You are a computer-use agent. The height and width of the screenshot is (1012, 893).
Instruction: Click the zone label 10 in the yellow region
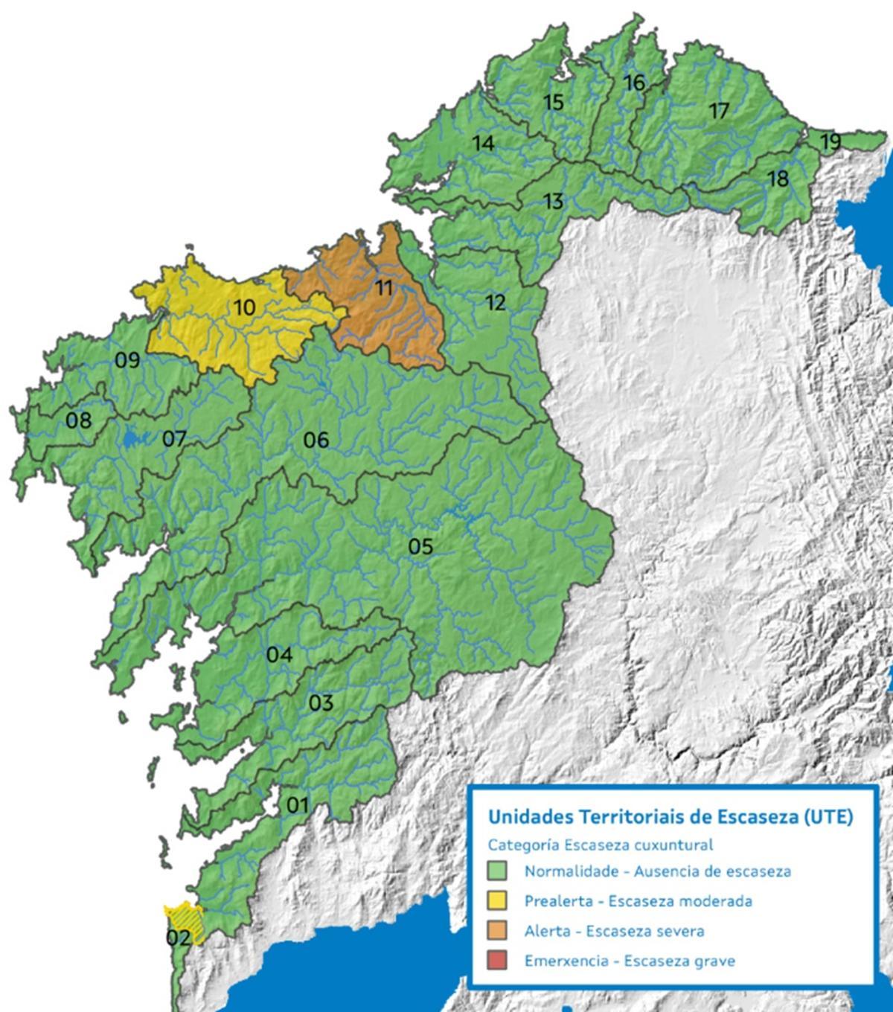tap(244, 307)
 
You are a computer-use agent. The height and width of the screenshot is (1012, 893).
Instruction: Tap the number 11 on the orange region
tap(383, 287)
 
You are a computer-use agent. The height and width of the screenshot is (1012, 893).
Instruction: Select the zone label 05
tap(420, 547)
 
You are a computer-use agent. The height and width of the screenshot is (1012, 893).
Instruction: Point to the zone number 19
tap(830, 141)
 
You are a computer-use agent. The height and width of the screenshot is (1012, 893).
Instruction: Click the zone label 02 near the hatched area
tap(178, 937)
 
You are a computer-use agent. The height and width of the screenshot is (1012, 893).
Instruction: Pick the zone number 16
tap(634, 83)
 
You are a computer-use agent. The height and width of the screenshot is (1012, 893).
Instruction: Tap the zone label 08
tap(78, 420)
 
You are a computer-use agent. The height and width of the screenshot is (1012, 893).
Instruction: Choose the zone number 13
tap(553, 201)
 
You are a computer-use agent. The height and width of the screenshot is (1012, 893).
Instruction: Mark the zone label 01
tap(297, 804)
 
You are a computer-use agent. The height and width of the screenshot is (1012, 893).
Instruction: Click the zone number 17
tap(719, 111)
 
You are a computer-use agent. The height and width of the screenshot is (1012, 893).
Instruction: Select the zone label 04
tap(279, 656)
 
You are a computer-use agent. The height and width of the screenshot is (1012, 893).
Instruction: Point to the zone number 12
tap(495, 302)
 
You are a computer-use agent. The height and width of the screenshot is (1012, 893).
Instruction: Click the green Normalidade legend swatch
tap(496, 871)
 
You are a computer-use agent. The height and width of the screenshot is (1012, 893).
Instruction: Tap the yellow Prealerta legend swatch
tap(496, 900)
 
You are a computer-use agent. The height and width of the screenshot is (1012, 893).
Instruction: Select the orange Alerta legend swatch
tap(496, 931)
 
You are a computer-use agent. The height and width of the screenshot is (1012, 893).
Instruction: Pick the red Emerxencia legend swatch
tap(496, 961)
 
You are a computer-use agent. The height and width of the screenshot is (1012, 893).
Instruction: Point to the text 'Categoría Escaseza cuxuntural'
tap(600, 845)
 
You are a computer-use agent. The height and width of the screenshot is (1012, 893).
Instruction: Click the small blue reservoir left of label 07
tap(131, 439)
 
